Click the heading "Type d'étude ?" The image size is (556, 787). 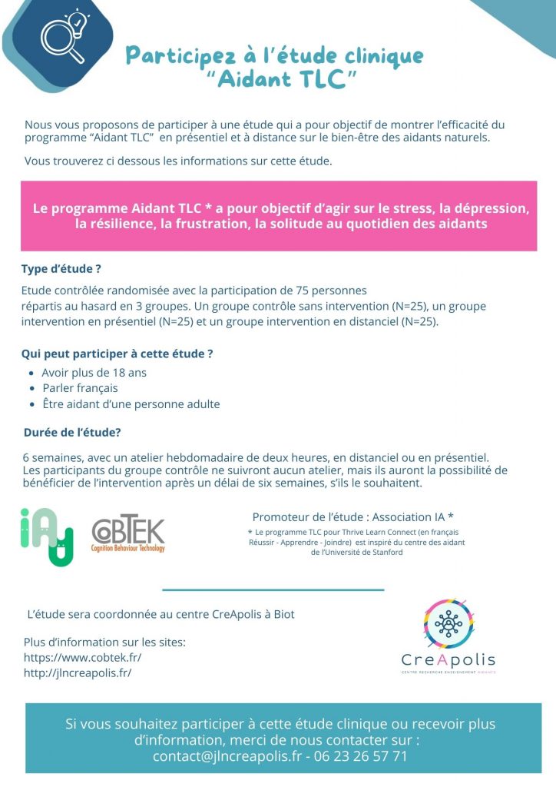62,270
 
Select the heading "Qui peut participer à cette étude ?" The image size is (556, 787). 117,354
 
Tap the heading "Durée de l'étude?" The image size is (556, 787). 73,432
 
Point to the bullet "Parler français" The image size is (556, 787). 80,388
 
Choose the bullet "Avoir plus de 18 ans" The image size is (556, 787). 94,373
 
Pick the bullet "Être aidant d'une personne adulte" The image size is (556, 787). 131,404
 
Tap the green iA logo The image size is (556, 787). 46,536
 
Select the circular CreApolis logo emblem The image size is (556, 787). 448,623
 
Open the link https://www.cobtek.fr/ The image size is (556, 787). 83,658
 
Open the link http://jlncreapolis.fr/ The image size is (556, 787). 78,673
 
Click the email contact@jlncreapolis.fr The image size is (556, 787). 227,756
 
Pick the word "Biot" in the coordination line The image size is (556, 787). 283,615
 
